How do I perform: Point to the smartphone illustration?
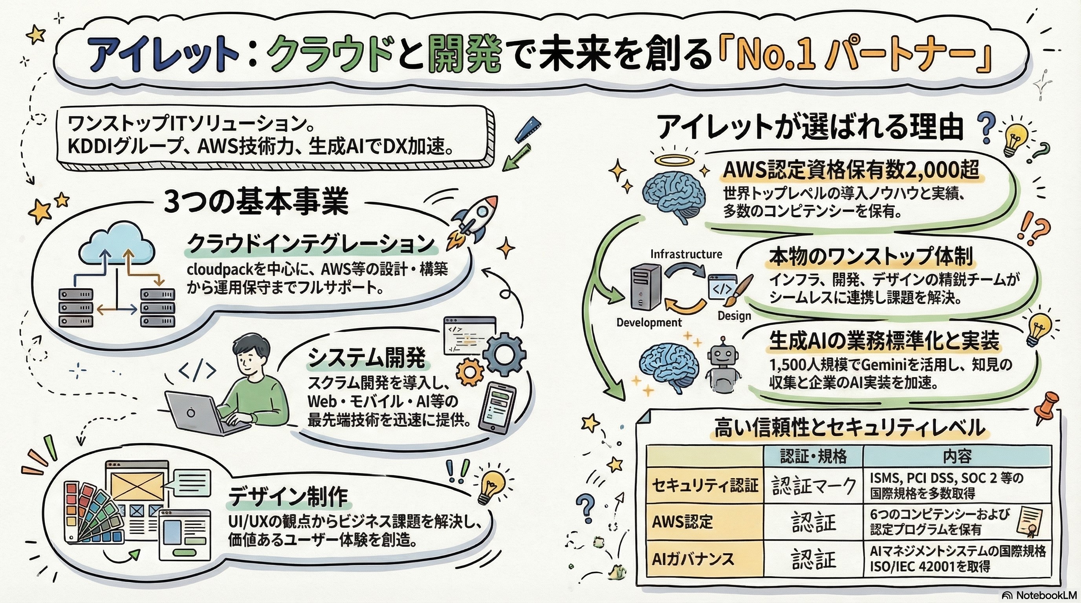[497, 407]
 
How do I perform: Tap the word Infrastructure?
[686, 254]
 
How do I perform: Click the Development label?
[649, 322]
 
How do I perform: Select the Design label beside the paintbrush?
[734, 316]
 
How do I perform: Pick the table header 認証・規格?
[813, 456]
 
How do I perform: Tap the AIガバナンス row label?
[693, 559]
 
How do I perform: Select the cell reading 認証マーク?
[813, 486]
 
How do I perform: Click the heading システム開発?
[366, 358]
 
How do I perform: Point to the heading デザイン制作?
[288, 497]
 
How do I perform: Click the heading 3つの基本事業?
[256, 203]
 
